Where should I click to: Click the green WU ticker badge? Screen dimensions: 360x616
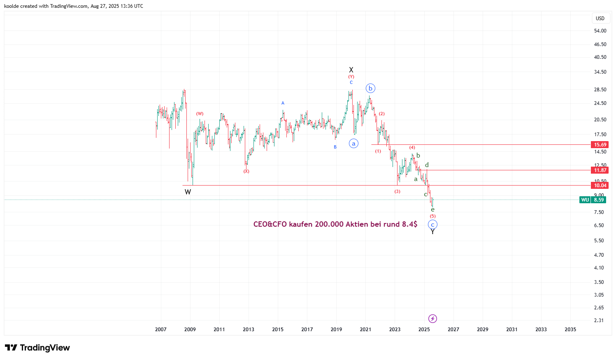[x=585, y=200]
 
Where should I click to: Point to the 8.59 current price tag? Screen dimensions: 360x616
[x=599, y=200]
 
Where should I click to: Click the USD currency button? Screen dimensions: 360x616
[x=600, y=18]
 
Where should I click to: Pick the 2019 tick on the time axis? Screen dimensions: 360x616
[x=336, y=329]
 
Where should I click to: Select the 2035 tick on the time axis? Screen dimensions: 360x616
[x=570, y=329]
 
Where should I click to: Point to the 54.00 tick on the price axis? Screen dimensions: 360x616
[x=600, y=31]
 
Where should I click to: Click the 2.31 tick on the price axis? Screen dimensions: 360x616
[x=599, y=321]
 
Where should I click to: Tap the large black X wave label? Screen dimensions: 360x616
[x=351, y=70]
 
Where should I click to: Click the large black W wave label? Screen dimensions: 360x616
[x=188, y=192]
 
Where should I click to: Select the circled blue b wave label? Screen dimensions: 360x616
[x=370, y=88]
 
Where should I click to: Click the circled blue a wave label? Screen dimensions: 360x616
[x=353, y=144]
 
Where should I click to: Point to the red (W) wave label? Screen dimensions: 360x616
[x=200, y=114]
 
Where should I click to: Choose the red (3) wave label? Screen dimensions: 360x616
[x=397, y=191]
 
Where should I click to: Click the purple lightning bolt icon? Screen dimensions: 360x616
[x=432, y=318]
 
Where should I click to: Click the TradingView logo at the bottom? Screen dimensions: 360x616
[x=37, y=348]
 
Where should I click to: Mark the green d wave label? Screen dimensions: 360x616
[x=427, y=165]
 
